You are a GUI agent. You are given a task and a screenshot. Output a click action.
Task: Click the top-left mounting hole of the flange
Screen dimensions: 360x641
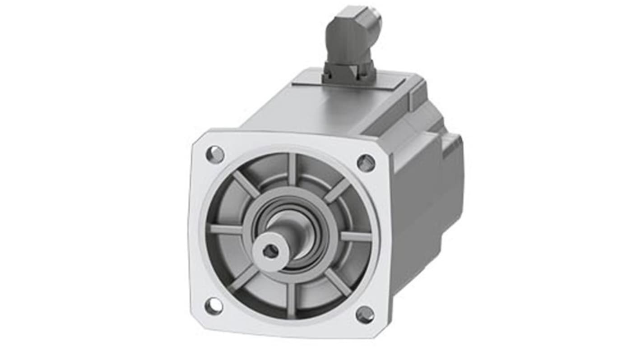click(215, 155)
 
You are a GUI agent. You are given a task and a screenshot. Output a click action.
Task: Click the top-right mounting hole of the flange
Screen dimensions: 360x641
click(366, 163)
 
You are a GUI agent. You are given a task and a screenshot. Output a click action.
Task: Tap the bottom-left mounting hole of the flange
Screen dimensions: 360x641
click(214, 306)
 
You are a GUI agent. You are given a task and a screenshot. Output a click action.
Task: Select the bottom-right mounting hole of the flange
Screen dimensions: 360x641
click(365, 314)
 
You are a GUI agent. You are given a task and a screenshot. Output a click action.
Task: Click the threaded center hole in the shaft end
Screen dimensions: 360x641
click(270, 252)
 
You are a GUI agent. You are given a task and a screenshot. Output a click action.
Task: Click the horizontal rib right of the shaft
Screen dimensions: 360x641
click(354, 236)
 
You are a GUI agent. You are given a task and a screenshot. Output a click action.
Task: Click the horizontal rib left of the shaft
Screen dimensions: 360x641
click(226, 229)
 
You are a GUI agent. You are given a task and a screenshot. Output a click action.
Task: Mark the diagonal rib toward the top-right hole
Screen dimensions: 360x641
click(337, 191)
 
